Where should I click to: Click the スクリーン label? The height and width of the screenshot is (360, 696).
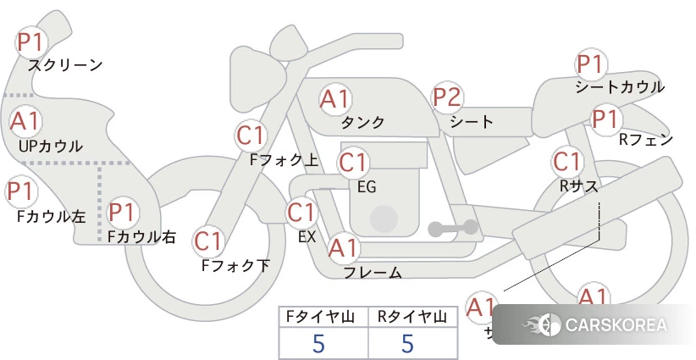click(x=65, y=65)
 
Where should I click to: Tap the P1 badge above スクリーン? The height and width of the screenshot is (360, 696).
click(x=35, y=41)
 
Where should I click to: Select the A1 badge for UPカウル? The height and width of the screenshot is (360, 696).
click(x=25, y=121)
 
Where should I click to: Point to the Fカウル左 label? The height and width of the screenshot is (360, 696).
click(x=52, y=216)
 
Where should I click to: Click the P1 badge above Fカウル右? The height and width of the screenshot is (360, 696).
click(x=122, y=212)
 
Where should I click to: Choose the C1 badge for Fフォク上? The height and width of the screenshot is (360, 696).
click(x=251, y=135)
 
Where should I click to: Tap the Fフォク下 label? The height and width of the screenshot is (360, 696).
click(x=235, y=266)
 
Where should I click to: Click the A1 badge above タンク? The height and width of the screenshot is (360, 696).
click(x=334, y=99)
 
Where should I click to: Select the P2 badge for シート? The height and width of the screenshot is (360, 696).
click(x=447, y=98)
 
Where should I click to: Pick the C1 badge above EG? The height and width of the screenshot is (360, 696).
click(x=352, y=161)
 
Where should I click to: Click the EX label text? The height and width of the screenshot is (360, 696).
click(x=307, y=237)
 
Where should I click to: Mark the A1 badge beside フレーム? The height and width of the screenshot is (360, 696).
click(x=344, y=249)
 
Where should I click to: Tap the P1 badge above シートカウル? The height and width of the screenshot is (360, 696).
click(x=589, y=64)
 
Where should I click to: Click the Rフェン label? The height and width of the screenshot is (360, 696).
click(x=645, y=140)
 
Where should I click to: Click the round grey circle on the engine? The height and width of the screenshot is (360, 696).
click(x=384, y=218)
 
